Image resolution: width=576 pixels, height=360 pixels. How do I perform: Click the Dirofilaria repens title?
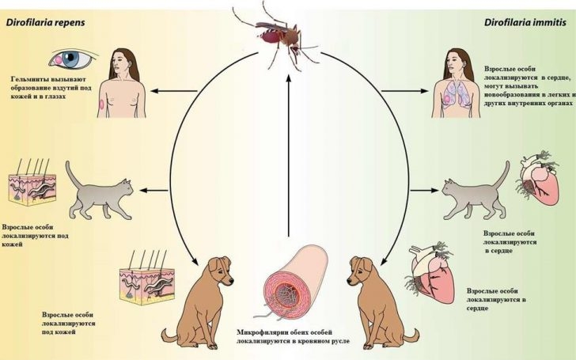[x=45, y=22]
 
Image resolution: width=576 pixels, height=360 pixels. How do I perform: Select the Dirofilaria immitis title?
[x=525, y=22]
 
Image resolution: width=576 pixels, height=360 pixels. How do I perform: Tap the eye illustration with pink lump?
[x=72, y=58]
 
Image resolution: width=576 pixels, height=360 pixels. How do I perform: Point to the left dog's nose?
[x=231, y=282]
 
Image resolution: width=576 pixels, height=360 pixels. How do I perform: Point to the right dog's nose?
[x=350, y=282]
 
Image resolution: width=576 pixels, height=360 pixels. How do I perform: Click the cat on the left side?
[x=98, y=191]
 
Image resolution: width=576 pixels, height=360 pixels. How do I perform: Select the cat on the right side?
[x=476, y=191]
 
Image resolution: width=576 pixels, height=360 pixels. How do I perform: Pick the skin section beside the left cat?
[x=32, y=183]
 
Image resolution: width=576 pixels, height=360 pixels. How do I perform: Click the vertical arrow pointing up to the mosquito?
[x=288, y=155]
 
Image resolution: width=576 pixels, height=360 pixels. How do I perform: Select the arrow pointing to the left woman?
[x=174, y=91]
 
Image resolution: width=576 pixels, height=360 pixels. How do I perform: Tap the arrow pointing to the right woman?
[x=405, y=91]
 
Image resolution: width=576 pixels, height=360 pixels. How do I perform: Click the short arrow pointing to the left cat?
[x=154, y=190]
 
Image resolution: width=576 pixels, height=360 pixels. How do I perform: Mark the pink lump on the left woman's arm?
[x=102, y=104]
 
